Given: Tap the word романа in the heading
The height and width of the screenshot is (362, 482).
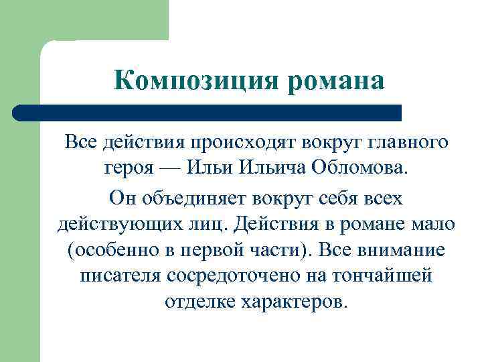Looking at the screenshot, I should tap(335, 81).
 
